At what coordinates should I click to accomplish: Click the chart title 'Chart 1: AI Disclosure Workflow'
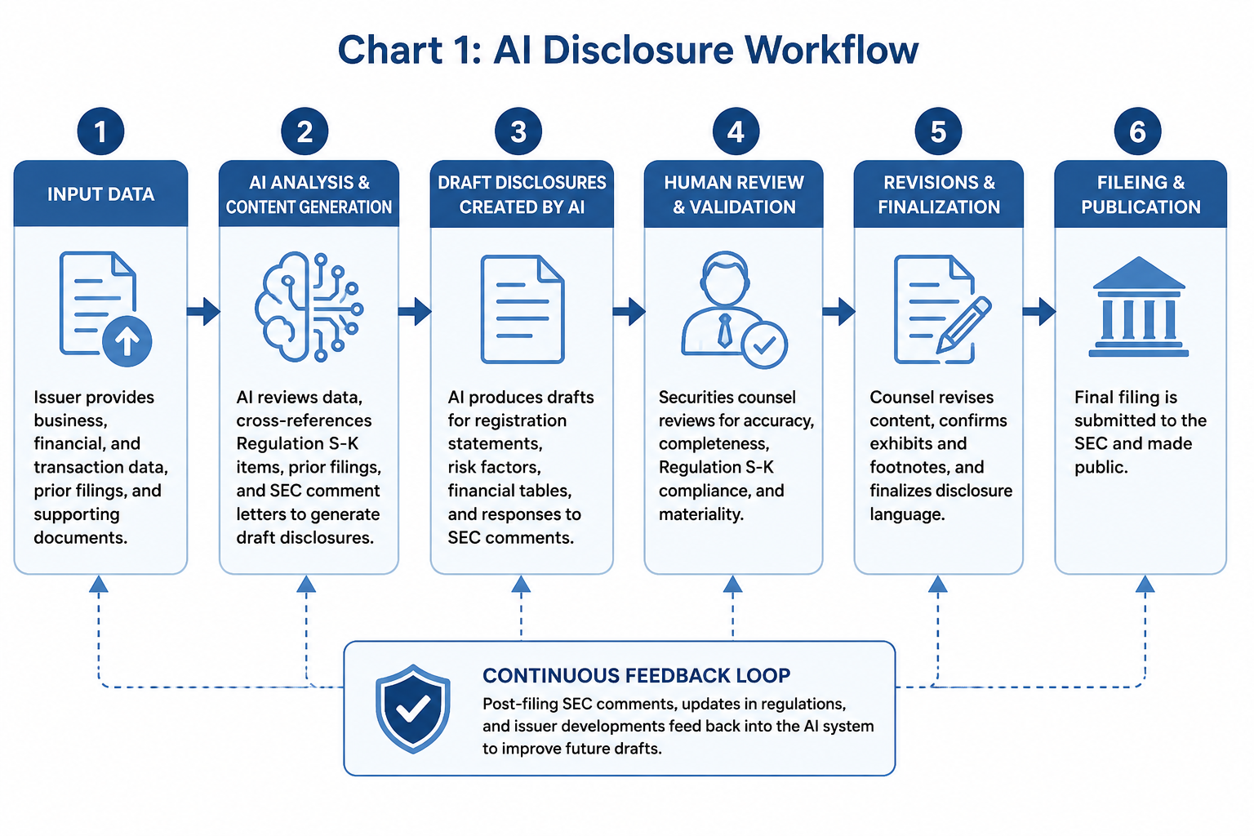(628, 50)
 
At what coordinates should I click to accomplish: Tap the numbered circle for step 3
(518, 131)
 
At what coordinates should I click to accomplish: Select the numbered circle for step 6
(1137, 131)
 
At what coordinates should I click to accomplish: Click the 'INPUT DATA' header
(100, 194)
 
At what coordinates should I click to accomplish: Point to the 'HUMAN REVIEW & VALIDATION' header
(734, 194)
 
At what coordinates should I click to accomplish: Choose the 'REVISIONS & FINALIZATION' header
(939, 194)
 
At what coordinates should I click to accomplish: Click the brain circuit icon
(309, 307)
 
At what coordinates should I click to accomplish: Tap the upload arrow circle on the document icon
(127, 341)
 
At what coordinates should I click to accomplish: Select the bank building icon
(1138, 307)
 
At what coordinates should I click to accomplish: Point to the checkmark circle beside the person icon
(764, 345)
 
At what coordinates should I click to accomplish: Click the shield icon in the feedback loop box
(413, 709)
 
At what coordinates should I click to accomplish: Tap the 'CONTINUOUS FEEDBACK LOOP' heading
(637, 675)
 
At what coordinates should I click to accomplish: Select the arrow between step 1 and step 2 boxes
(203, 311)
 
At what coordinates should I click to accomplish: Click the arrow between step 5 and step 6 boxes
(1039, 311)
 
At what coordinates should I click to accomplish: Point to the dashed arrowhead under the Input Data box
(99, 584)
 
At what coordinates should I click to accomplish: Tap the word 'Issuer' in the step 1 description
(57, 397)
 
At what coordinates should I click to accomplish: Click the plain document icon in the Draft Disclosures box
(522, 309)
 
